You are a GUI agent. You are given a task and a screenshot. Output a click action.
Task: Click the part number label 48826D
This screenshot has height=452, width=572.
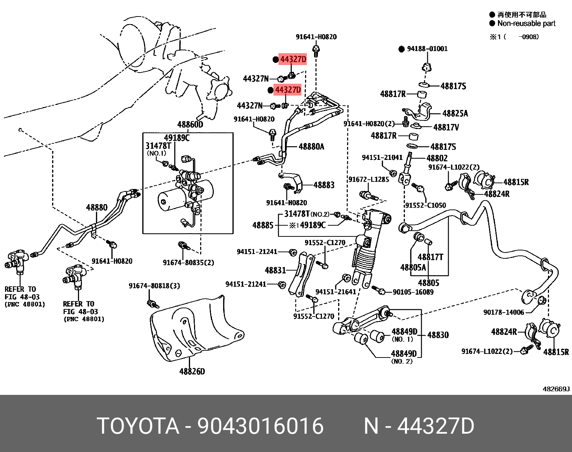pyautogui.click(x=192, y=371)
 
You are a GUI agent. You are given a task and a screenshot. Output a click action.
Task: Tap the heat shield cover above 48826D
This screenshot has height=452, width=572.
pyautogui.click(x=194, y=327)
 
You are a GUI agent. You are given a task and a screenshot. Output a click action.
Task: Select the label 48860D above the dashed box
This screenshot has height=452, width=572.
pyautogui.click(x=190, y=125)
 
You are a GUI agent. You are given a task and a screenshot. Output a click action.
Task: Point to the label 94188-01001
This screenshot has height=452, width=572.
pyautogui.click(x=427, y=49)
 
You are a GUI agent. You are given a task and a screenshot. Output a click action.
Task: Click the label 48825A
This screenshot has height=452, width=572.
pyautogui.click(x=455, y=114)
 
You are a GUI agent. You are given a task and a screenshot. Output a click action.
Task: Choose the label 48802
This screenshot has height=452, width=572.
pyautogui.click(x=437, y=158)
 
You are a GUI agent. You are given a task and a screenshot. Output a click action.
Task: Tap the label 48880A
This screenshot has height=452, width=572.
pyautogui.click(x=311, y=146)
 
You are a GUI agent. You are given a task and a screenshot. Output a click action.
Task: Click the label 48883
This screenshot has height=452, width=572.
pyautogui.click(x=324, y=185)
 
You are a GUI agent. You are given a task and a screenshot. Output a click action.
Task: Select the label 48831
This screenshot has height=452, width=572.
pyautogui.click(x=275, y=270)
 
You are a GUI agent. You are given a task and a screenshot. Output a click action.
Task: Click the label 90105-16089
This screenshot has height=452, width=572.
pyautogui.click(x=413, y=292)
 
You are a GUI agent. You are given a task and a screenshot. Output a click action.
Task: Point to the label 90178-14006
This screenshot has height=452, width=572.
pyautogui.click(x=503, y=312)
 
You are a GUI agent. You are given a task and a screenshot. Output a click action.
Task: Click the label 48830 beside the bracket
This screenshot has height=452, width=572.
pyautogui.click(x=438, y=335)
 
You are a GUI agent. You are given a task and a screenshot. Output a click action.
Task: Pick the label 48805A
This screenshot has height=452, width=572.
pyautogui.click(x=413, y=267)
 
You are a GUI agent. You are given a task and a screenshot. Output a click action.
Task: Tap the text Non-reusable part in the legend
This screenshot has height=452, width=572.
pyautogui.click(x=526, y=23)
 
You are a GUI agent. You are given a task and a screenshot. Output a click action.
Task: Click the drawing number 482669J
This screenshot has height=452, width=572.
pyautogui.click(x=556, y=389)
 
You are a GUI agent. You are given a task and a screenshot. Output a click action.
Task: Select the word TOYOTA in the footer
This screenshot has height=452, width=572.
pyautogui.click(x=138, y=426)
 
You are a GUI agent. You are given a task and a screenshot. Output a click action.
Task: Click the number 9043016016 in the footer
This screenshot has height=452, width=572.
pyautogui.click(x=260, y=426)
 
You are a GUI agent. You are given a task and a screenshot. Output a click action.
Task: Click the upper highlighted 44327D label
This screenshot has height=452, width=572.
pyautogui.click(x=293, y=59)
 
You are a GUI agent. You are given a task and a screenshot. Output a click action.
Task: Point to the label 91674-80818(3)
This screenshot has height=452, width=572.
pyautogui.click(x=154, y=286)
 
